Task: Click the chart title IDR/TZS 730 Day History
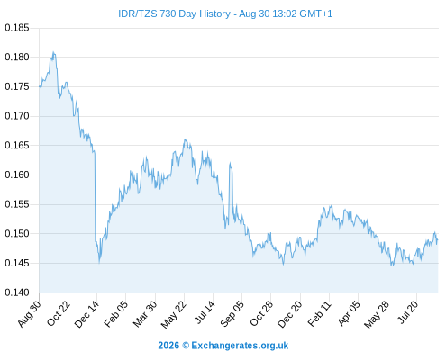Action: coord(174,14)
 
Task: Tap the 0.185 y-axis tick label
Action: coord(17,28)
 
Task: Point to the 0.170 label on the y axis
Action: coord(17,116)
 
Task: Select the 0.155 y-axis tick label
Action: coord(17,204)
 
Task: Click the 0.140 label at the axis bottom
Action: coord(17,292)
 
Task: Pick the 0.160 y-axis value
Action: coord(17,175)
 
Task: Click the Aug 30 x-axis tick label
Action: coord(29,313)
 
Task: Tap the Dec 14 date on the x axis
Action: coord(86,313)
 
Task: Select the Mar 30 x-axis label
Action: coord(145,313)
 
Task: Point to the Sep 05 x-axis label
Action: coord(232,313)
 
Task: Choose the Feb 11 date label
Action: coord(319,313)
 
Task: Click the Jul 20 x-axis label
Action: coord(408,312)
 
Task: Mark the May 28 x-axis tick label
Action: coord(377,314)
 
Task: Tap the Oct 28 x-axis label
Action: coord(261,313)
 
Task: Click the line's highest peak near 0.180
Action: coord(53,52)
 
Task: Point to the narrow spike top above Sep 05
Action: coord(230,163)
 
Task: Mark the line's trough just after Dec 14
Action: coord(99,263)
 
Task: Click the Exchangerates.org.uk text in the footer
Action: coord(240,346)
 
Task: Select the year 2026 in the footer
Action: coord(168,346)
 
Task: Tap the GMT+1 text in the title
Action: coord(316,14)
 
